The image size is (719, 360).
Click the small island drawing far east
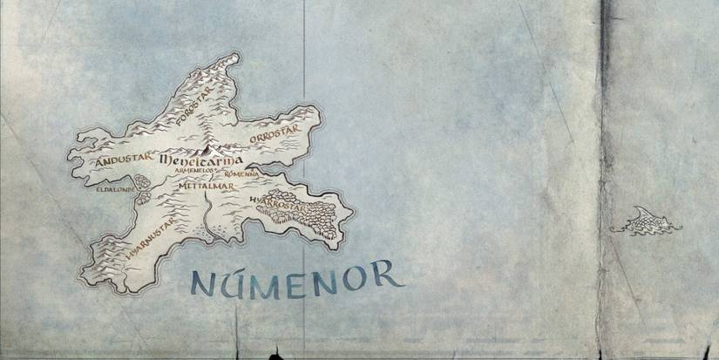pyautogui.click(x=646, y=221)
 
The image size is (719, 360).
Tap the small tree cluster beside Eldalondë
pyautogui.click(x=141, y=189)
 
